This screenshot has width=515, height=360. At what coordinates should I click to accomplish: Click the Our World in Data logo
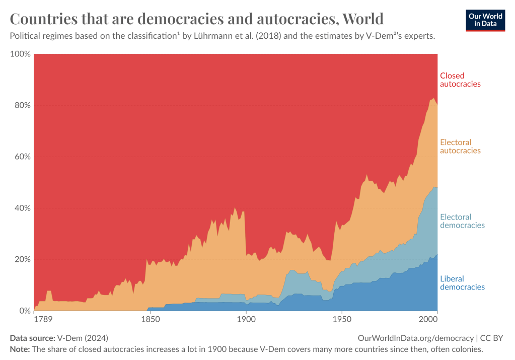[x=485, y=20]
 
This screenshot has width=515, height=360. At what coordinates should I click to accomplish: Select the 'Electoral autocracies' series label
[x=460, y=147]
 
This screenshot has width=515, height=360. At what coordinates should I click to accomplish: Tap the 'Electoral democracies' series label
[x=462, y=221]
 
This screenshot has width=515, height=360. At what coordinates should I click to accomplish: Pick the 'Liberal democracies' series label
[x=462, y=283]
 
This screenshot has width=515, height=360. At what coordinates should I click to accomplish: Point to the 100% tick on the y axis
[x=20, y=54]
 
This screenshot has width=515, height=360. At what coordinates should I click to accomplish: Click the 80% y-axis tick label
[x=22, y=105]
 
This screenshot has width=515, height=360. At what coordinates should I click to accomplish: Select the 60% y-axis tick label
[x=22, y=157]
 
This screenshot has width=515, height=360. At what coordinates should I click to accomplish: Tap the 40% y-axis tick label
[x=22, y=208]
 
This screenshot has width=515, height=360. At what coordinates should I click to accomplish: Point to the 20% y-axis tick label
[x=22, y=259]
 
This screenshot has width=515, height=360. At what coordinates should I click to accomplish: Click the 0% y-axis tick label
[x=24, y=311]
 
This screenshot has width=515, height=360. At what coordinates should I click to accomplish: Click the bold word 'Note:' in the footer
[x=20, y=348]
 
